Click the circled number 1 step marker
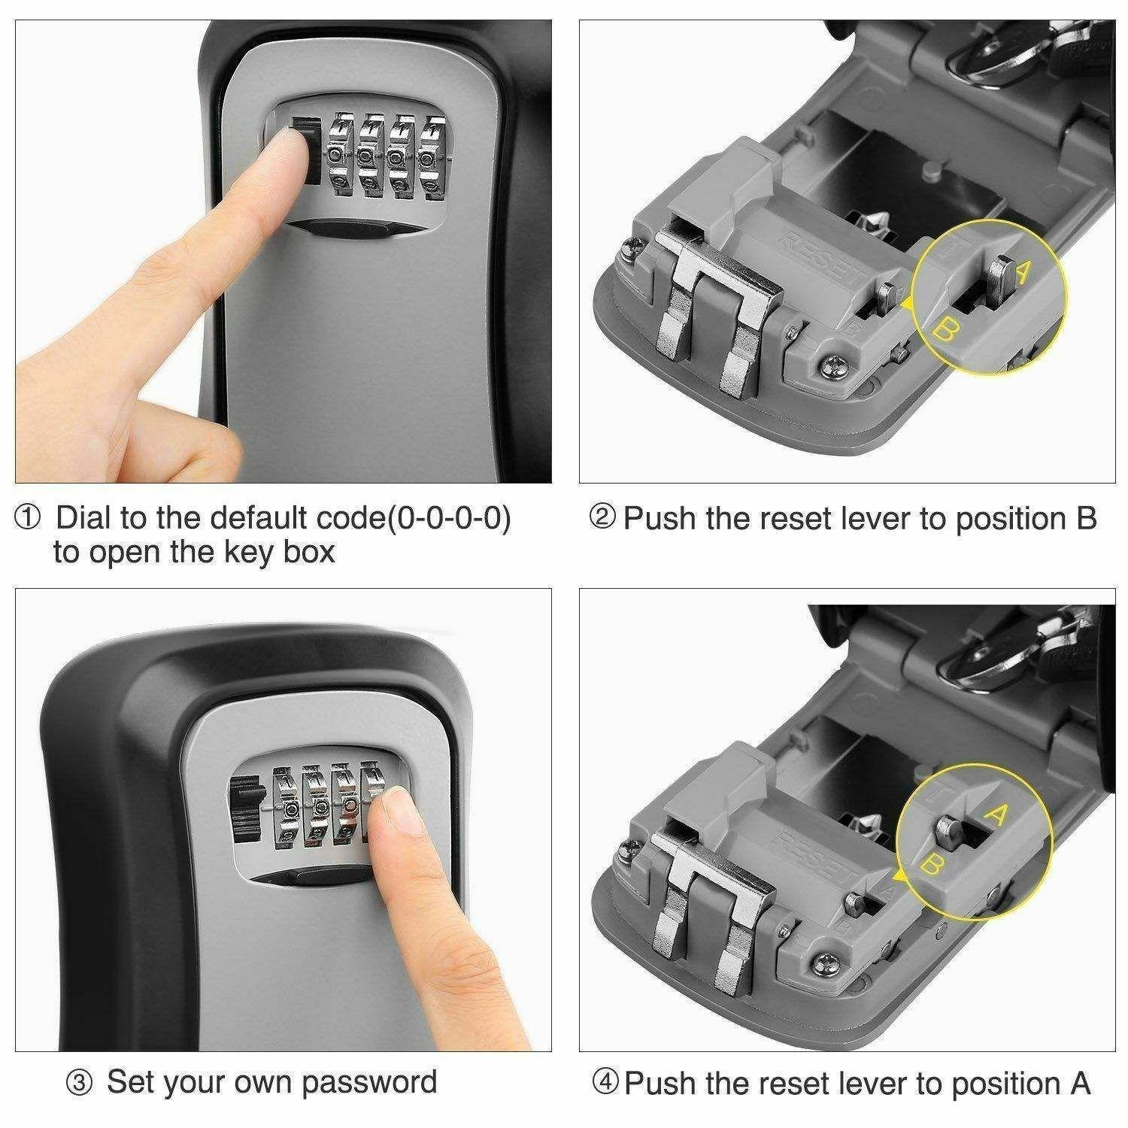[29, 518]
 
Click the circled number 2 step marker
[602, 518]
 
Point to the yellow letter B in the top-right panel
[943, 328]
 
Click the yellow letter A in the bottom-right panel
[995, 817]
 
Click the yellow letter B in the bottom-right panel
[931, 866]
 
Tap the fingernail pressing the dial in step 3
[399, 814]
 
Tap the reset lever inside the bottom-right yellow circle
[950, 831]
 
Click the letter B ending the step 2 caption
[1086, 518]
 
